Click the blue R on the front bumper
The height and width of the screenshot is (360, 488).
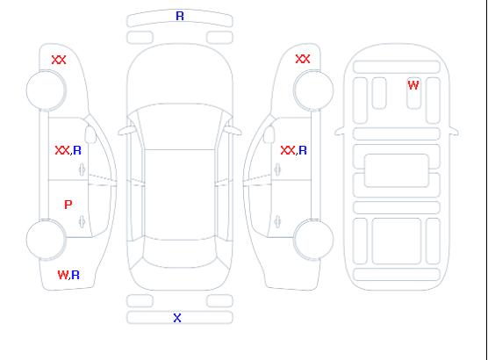(180, 16)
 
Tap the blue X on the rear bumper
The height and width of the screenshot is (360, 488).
(177, 318)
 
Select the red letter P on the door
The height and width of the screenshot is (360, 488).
(68, 205)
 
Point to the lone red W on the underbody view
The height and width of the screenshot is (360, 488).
(413, 84)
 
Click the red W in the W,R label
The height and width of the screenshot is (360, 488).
(62, 275)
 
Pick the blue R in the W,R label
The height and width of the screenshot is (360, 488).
(75, 275)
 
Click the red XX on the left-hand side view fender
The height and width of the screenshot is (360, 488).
(59, 60)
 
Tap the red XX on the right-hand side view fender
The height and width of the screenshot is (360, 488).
(303, 59)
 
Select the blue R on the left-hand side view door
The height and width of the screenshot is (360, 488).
(77, 150)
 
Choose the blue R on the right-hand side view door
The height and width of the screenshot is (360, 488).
(303, 150)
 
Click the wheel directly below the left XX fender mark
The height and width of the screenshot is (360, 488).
(46, 90)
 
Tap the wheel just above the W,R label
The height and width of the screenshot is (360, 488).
(46, 240)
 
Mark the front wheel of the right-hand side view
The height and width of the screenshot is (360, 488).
(313, 90)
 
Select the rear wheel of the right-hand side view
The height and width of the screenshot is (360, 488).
(313, 239)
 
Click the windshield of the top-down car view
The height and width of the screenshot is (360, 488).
(180, 126)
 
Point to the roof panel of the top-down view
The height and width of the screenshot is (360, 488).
(180, 195)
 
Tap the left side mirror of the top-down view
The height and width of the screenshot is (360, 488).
(126, 131)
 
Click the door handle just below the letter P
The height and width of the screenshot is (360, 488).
(82, 221)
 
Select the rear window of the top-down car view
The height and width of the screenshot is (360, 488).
(180, 253)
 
